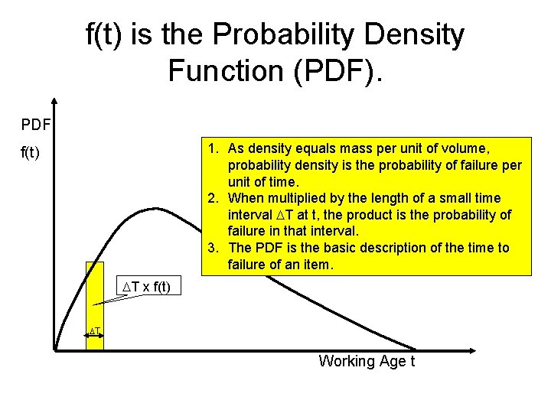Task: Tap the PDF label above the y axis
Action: point(36,124)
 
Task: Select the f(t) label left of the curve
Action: point(31,153)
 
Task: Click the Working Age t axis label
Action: point(367,361)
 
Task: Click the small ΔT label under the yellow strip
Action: point(95,331)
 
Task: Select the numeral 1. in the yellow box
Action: point(214,147)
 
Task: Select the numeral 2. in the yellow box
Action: point(214,198)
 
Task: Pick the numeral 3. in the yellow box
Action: point(214,248)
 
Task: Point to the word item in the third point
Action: point(318,265)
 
